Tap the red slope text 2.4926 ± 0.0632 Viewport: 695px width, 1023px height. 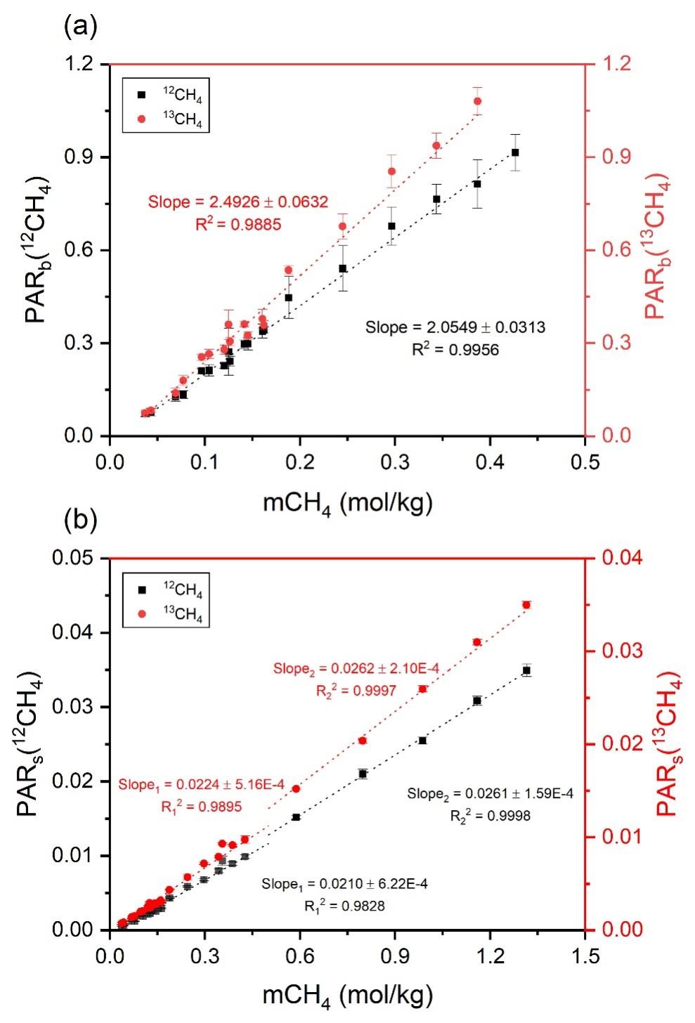pos(238,202)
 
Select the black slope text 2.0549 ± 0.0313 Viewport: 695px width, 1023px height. pos(455,327)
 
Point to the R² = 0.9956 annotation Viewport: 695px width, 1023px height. pos(455,348)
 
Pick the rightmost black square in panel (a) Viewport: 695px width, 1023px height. pos(515,152)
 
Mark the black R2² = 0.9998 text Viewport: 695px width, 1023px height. pos(490,816)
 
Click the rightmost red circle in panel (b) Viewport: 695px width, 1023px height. pos(526,605)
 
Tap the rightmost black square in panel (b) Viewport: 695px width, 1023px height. pos(526,671)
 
